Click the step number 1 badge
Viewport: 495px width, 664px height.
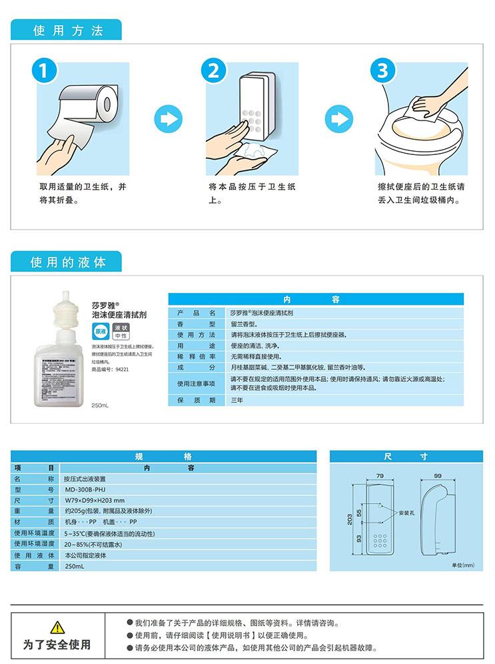coord(45,71)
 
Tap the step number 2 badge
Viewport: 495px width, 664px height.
coord(214,71)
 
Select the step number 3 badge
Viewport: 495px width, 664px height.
coord(383,71)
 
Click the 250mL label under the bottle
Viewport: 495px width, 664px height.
coord(99,405)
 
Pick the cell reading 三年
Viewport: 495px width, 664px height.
coord(237,400)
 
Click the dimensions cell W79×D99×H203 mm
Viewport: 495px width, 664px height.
coord(95,500)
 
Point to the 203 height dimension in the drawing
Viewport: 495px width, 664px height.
coord(349,520)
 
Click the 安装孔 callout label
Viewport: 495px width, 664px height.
coord(407,514)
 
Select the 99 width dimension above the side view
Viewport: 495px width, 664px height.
coord(438,476)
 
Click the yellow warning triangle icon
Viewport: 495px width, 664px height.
coord(58,627)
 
